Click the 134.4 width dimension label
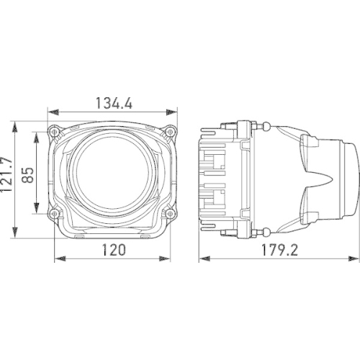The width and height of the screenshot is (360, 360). coord(114,103)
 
